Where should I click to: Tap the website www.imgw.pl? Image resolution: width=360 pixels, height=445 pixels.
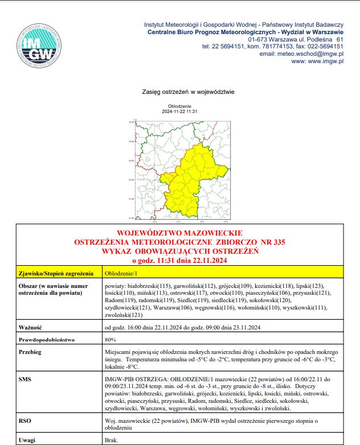(325, 61)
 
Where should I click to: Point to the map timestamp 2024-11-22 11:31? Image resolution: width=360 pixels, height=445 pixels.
(179, 112)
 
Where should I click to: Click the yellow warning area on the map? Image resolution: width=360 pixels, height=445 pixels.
(194, 176)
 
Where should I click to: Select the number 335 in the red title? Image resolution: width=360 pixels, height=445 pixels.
(279, 242)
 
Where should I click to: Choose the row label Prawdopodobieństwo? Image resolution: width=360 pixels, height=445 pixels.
(47, 340)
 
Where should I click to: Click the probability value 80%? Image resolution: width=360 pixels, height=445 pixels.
(111, 340)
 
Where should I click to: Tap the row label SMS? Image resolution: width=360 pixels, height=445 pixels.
(25, 378)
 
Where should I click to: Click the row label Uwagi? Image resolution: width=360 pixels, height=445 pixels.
(27, 440)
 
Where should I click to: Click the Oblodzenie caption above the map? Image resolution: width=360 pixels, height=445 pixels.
(179, 106)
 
